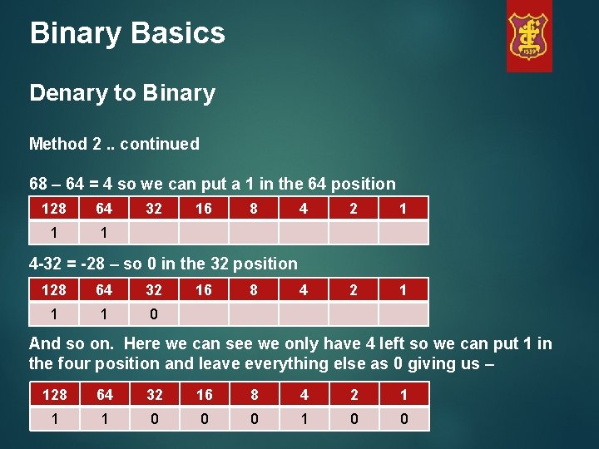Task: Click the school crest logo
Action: point(529,37)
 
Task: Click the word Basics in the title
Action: point(183,33)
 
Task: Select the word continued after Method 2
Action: point(159,144)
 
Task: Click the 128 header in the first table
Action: point(54,208)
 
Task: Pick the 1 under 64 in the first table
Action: point(104,233)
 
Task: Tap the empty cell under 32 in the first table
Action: point(154,233)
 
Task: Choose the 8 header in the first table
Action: point(254,208)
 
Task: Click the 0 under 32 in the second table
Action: point(154,314)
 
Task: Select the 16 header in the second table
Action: point(204,289)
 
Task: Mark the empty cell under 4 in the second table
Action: point(304,314)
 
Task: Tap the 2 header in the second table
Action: point(354,289)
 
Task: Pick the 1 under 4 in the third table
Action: point(304,419)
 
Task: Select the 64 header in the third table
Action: point(104,394)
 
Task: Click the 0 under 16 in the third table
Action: point(204,419)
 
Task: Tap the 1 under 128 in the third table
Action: point(54,419)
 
